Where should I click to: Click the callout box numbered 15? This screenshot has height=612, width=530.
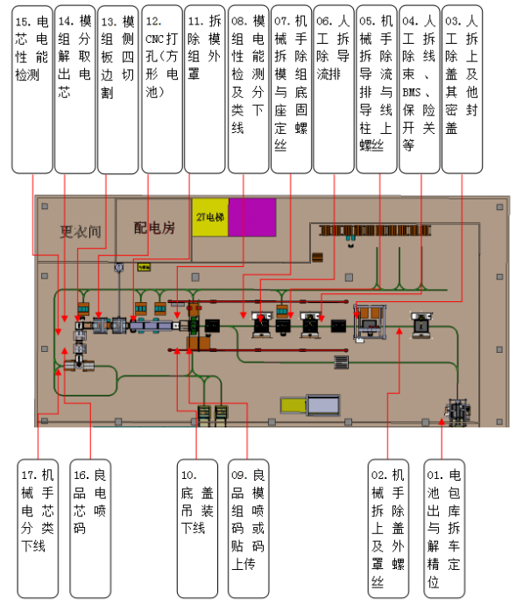pyautogui.click(x=31, y=88)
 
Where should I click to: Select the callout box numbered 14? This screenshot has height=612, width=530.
pyautogui.click(x=74, y=88)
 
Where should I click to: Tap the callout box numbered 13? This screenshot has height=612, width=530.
pyautogui.click(x=117, y=88)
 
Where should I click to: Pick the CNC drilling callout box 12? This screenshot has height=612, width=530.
pyautogui.click(x=160, y=88)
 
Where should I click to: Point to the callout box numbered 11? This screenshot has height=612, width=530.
pyautogui.click(x=203, y=88)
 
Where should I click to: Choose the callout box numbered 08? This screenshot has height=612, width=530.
pyautogui.click(x=247, y=88)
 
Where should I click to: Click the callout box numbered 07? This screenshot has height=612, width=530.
pyautogui.click(x=290, y=88)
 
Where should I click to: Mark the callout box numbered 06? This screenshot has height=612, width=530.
pyautogui.click(x=333, y=88)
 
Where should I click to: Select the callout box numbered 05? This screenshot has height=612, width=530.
pyautogui.click(x=376, y=88)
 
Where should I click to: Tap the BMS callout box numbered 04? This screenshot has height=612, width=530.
pyautogui.click(x=419, y=88)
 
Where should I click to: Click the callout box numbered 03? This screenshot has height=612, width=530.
pyautogui.click(x=462, y=88)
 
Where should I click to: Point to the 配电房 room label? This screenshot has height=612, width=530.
pyautogui.click(x=154, y=229)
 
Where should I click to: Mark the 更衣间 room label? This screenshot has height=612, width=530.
pyautogui.click(x=81, y=232)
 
